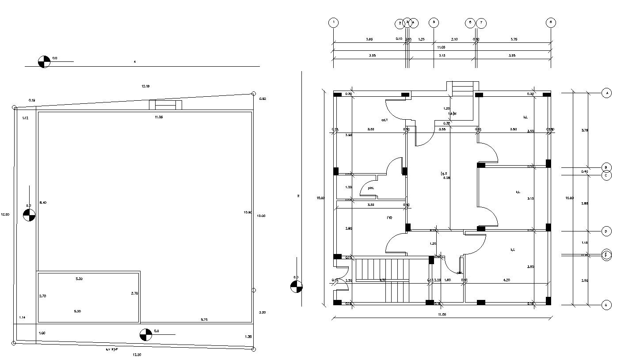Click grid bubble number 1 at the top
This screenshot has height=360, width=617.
click(x=333, y=23)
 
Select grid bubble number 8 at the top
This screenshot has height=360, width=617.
click(x=550, y=23)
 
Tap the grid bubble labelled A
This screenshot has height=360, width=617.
click(x=607, y=93)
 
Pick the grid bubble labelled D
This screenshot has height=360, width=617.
click(x=606, y=231)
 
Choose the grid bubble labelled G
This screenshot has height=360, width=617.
click(x=606, y=305)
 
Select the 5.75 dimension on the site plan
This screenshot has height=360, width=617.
click(x=205, y=319)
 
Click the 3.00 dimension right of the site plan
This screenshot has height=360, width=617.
click(x=262, y=312)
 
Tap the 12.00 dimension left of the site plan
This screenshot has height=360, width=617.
click(x=5, y=214)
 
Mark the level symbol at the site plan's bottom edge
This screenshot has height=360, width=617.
click(x=145, y=335)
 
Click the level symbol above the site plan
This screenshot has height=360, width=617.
click(x=44, y=61)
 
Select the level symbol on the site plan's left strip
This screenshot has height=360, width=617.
click(x=29, y=215)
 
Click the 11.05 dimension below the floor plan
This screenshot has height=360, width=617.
click(x=442, y=314)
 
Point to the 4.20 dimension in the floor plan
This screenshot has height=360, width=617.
click(x=507, y=280)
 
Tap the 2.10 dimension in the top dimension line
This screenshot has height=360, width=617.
click(x=454, y=39)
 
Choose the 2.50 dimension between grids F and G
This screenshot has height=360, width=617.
click(x=584, y=280)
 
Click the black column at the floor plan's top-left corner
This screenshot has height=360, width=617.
click(x=337, y=95)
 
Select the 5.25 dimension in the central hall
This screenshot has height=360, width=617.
click(x=446, y=178)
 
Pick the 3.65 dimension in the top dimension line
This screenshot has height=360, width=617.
click(x=369, y=39)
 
